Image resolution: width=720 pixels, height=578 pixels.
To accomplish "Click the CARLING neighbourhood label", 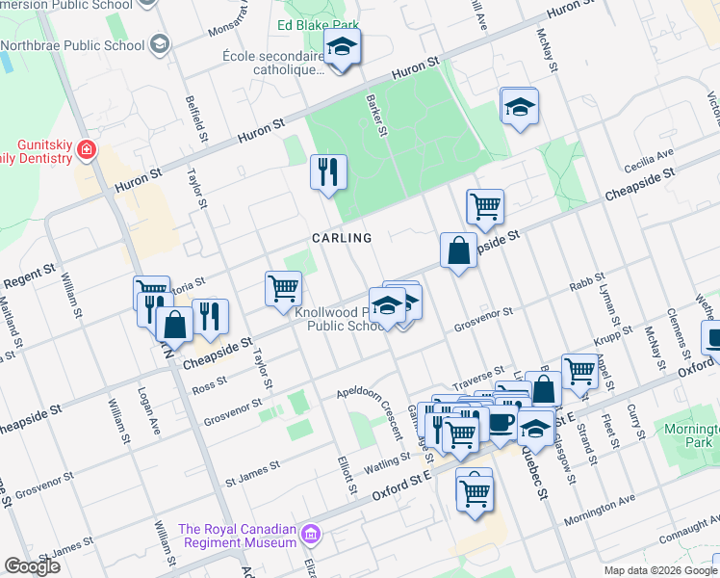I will click(341, 238).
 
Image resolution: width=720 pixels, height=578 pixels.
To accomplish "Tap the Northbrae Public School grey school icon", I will click(159, 45).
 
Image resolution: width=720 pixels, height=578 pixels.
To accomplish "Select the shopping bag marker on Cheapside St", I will click(459, 250).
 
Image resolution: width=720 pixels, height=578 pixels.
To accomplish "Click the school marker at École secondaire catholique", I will click(341, 48).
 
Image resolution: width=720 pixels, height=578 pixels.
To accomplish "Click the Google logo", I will click(32, 565).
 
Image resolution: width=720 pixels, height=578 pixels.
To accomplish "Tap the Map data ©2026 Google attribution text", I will click(659, 570).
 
